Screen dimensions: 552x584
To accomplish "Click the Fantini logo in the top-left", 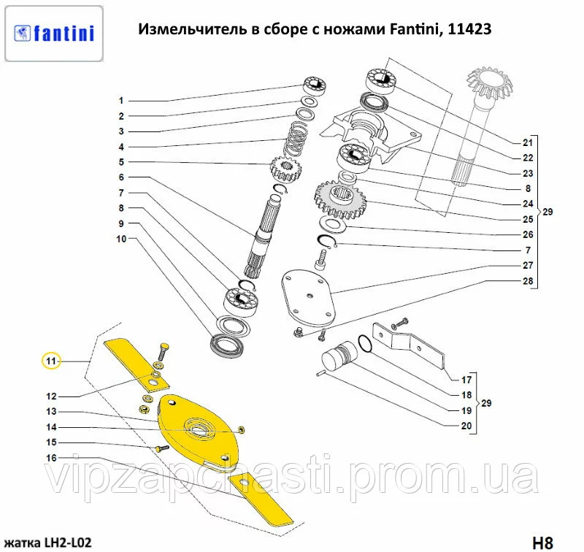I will tap(54, 33).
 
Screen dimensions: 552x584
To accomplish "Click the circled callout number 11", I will tap(50, 361).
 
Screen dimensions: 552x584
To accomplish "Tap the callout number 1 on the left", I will tap(122, 101).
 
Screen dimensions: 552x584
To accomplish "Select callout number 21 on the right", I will tap(528, 142).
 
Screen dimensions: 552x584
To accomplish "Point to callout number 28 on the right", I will tap(528, 281).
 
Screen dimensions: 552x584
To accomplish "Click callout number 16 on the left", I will tap(51, 458).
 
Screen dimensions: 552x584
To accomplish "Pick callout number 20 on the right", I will tap(466, 426).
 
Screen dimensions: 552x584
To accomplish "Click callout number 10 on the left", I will tap(121, 239).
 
